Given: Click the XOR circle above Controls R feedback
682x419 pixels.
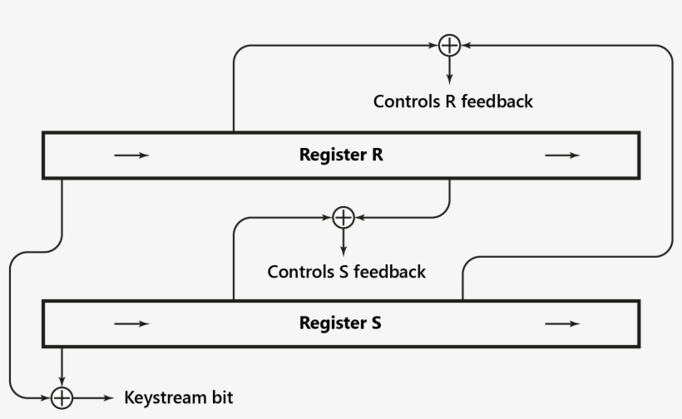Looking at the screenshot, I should coord(449,45).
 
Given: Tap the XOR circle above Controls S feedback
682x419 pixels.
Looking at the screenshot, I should coord(343,218).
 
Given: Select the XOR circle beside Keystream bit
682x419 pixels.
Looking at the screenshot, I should coord(62,398).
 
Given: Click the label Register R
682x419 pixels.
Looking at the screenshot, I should coord(341,155).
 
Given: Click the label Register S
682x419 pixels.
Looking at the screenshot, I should coord(340,323).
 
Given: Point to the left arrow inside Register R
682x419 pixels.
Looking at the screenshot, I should coord(131,155).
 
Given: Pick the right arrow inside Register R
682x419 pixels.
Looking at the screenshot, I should coord(562,155).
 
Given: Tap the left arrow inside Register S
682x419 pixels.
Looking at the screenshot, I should coord(131,323).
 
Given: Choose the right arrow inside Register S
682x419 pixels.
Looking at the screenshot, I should coord(562,323).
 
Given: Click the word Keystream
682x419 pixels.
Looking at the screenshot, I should coord(163,397).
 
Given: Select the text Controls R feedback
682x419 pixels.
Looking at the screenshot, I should coord(452,101).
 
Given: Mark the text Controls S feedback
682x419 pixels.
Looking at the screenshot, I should coord(346,272).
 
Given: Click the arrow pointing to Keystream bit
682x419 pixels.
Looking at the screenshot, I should coord(95,398).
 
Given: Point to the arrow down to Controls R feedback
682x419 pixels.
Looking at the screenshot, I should coord(449,70).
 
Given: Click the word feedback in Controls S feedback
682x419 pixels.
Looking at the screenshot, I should coord(389,272).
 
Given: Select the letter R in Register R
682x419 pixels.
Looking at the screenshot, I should coord(378,155).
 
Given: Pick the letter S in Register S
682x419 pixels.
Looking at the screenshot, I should coord(377,323).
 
